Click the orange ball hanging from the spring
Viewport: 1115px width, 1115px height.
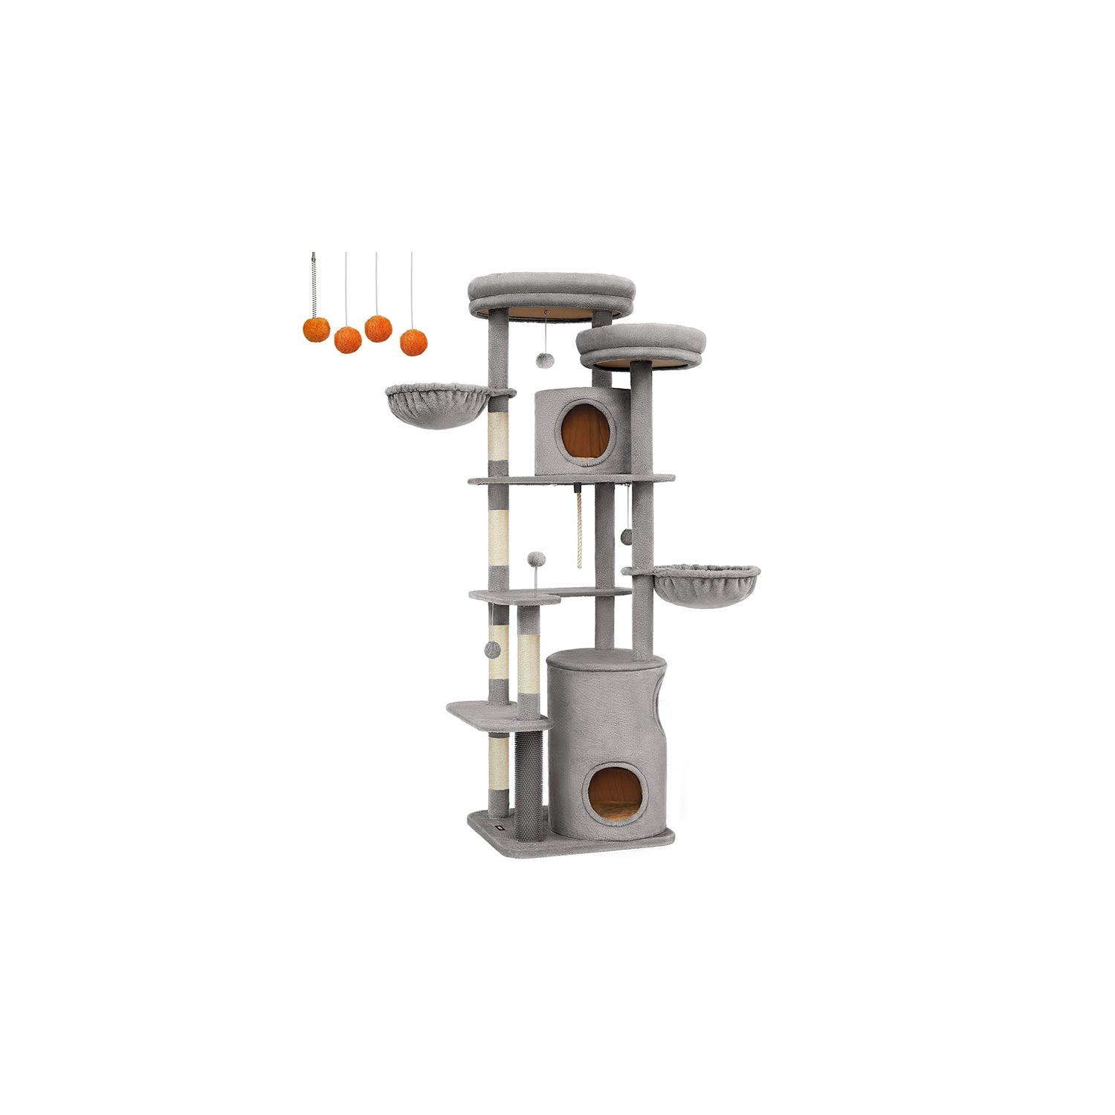pyautogui.click(x=316, y=329)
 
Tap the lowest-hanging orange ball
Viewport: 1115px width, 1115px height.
pyautogui.click(x=413, y=343)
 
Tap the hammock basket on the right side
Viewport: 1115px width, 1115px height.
pyautogui.click(x=706, y=587)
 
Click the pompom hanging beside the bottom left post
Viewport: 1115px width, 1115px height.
pyautogui.click(x=491, y=650)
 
